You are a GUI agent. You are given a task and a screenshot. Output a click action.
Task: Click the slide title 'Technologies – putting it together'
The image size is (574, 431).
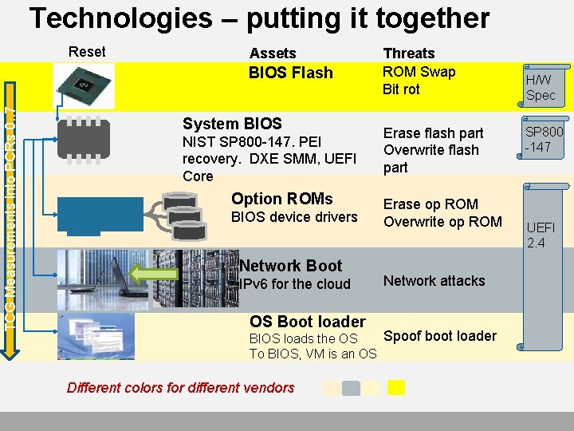[260, 18]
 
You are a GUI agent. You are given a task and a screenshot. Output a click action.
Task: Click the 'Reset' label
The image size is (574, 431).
[87, 52]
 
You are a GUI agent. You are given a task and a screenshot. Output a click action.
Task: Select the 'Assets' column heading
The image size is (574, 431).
[273, 53]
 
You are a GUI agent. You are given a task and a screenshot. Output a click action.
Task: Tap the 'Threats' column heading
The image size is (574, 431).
[409, 53]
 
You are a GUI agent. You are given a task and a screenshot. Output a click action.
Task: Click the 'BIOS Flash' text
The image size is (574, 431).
[291, 73]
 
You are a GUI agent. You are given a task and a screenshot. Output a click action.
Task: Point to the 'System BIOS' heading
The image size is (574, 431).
[232, 124]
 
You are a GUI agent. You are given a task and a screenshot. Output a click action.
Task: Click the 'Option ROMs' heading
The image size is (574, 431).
[281, 199]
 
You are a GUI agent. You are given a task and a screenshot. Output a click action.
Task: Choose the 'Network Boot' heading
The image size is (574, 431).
[290, 266]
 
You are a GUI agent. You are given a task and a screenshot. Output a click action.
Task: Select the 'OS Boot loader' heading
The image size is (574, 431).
[307, 322]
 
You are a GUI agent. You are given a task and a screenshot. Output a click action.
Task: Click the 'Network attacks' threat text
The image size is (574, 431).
[434, 281]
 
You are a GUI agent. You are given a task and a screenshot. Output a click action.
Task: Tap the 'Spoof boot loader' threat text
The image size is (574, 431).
[440, 336]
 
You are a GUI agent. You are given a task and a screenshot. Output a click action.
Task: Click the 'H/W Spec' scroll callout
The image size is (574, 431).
[541, 87]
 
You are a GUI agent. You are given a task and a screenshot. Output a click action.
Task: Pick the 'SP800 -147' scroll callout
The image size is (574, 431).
[543, 140]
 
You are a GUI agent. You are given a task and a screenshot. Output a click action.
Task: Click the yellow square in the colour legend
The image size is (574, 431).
[396, 387]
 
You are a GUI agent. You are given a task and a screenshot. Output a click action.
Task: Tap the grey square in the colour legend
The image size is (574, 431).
[351, 388]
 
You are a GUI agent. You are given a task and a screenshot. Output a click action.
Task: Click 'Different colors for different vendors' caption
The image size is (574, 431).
[180, 388]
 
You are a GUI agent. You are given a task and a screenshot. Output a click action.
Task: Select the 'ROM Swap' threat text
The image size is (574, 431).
[419, 72]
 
